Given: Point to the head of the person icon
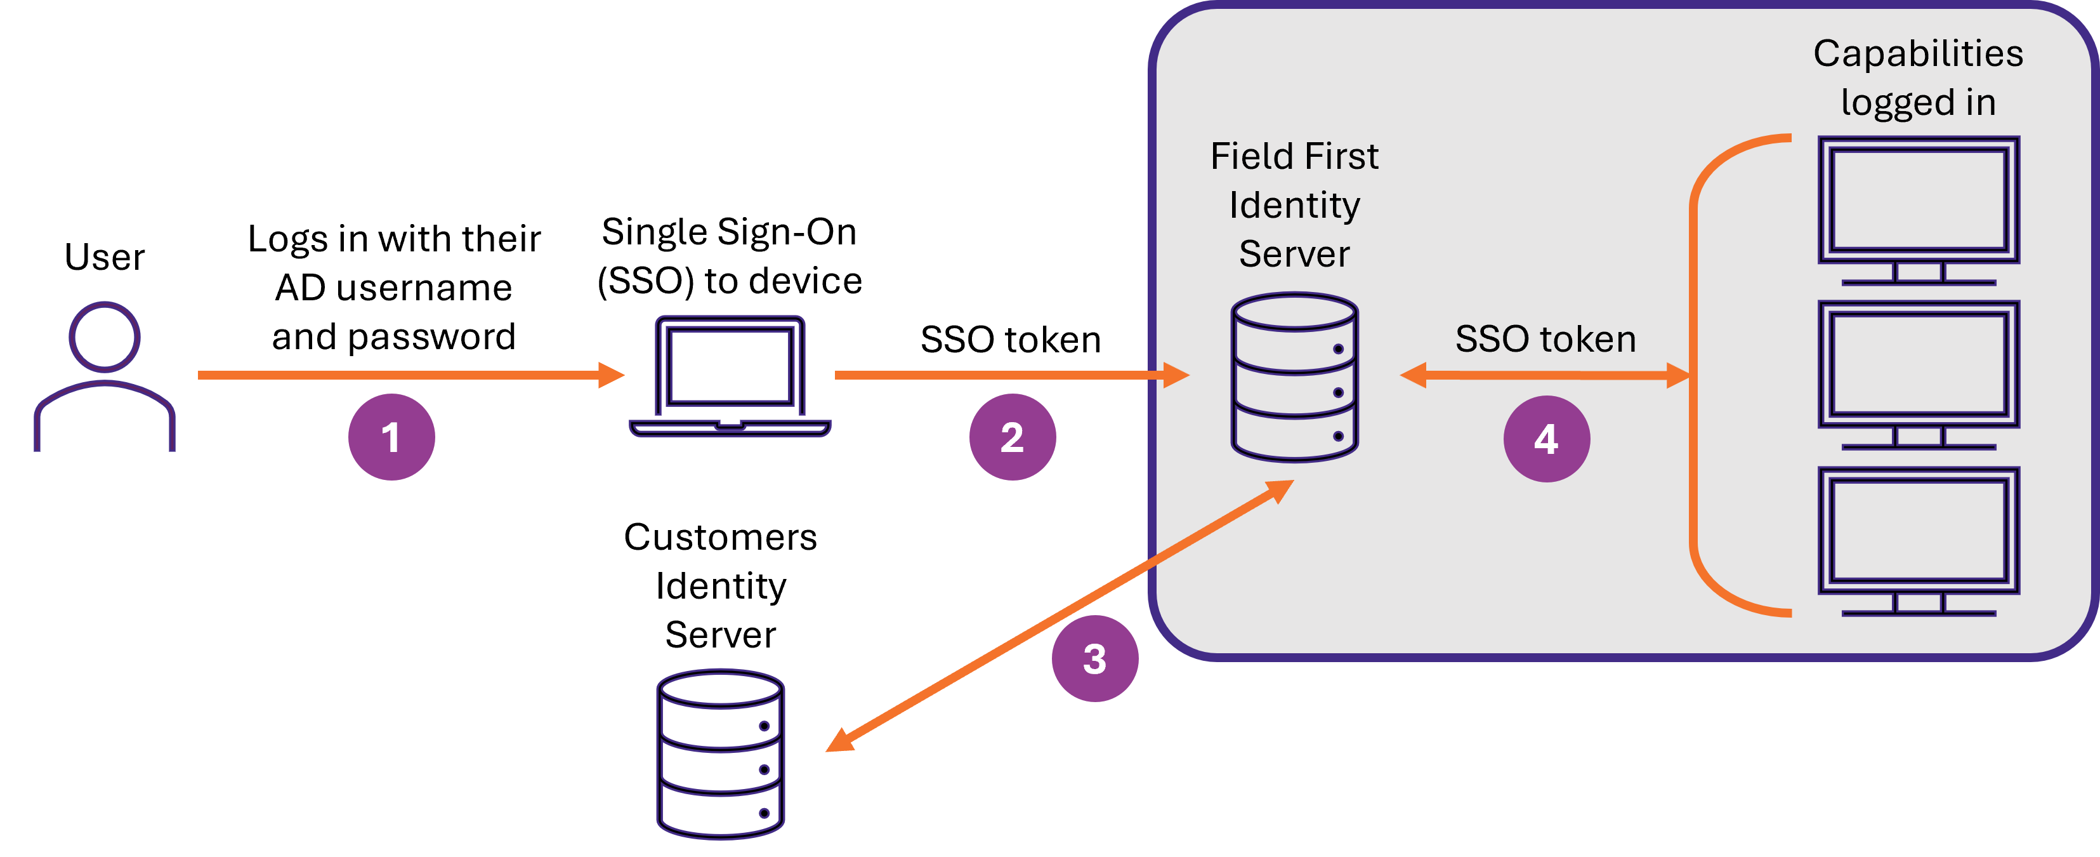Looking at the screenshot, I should click(104, 336).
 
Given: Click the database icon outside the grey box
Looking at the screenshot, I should click(720, 754).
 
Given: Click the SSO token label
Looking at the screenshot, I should click(1545, 339).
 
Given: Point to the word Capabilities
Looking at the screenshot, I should click(1917, 54).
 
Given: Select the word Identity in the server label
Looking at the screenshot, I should click(1294, 204).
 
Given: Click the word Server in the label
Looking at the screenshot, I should click(1294, 253).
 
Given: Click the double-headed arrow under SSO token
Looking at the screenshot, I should click(1545, 375).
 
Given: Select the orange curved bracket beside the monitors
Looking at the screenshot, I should click(1695, 375).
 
